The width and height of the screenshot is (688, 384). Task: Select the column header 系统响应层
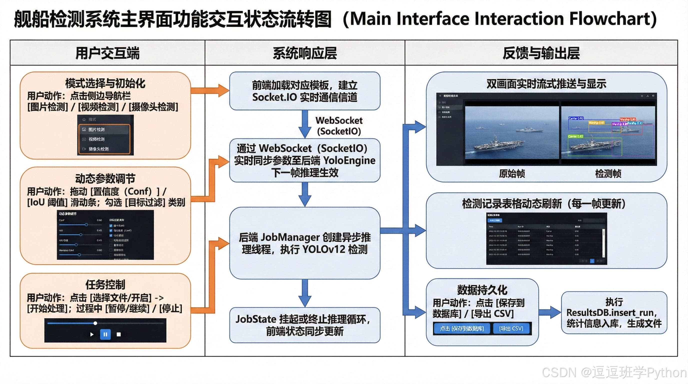pyautogui.click(x=305, y=53)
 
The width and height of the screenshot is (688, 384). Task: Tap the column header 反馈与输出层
pyautogui.click(x=541, y=53)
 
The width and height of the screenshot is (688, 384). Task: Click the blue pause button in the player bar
pyautogui.click(x=105, y=334)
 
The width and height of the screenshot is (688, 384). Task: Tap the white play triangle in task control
pyautogui.click(x=92, y=334)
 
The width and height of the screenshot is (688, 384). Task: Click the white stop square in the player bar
pyautogui.click(x=119, y=334)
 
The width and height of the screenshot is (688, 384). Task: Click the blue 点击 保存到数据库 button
pyautogui.click(x=462, y=328)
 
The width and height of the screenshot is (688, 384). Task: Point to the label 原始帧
pyautogui.click(x=512, y=173)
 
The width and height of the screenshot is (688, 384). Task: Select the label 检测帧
pyautogui.click(x=608, y=173)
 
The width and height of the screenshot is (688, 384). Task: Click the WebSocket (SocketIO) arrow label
pyautogui.click(x=339, y=126)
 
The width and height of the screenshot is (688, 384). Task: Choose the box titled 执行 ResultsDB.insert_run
pyautogui.click(x=614, y=313)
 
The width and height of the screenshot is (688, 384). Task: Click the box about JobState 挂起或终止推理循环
pyautogui.click(x=304, y=325)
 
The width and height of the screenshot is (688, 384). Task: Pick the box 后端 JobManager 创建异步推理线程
pyautogui.click(x=304, y=243)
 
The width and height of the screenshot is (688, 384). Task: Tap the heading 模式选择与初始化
pyautogui.click(x=105, y=83)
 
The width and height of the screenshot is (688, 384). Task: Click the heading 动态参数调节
pyautogui.click(x=105, y=178)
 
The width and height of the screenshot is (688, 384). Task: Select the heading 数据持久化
pyautogui.click(x=482, y=290)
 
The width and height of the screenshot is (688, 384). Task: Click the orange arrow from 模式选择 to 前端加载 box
pyautogui.click(x=210, y=90)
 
